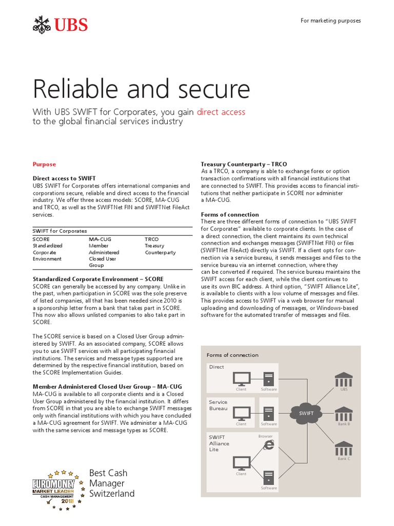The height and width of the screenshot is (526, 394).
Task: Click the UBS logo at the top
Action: (x=60, y=24)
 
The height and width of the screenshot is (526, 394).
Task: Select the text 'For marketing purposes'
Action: (x=330, y=21)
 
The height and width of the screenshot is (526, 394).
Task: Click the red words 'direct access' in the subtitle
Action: (x=221, y=111)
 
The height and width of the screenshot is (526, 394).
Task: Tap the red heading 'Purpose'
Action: (x=44, y=164)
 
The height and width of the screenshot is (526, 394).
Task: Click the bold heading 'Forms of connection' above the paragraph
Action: (x=230, y=214)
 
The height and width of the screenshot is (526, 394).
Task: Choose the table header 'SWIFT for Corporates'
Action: (x=60, y=231)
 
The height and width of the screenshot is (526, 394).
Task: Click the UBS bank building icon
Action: (x=344, y=380)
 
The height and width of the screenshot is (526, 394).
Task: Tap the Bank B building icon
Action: (x=344, y=414)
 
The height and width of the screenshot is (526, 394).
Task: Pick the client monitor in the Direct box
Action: (x=241, y=379)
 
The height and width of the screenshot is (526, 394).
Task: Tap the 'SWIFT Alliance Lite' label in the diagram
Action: (x=220, y=443)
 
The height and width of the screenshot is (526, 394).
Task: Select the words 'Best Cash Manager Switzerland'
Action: (x=111, y=483)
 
